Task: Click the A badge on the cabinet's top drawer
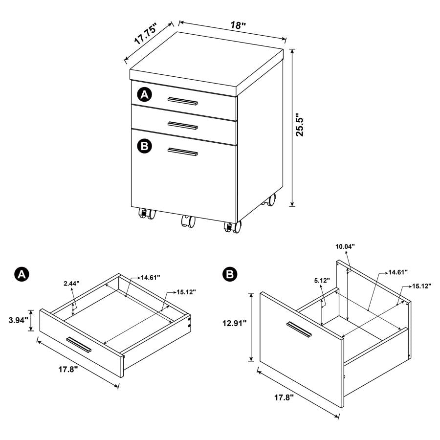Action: point(144,95)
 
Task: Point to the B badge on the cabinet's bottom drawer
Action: point(145,146)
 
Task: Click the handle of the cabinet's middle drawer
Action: point(182,125)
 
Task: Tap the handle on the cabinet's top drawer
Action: point(182,101)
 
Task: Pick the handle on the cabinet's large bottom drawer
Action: point(182,152)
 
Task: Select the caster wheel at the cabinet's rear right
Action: point(269,200)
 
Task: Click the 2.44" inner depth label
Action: point(71,283)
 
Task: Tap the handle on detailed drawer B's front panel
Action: point(299,329)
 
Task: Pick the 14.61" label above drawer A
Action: point(151,278)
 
